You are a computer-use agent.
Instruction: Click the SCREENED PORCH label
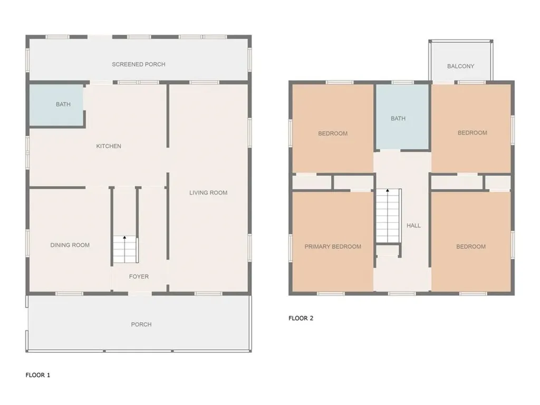(139, 64)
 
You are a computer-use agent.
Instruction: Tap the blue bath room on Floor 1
(56, 105)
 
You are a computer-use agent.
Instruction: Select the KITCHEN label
(109, 146)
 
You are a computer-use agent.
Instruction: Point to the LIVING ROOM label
(208, 193)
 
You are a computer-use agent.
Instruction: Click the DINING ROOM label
(70, 245)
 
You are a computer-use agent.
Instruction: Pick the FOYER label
(139, 276)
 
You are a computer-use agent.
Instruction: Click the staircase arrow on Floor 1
(125, 238)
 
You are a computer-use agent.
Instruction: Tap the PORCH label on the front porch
(141, 324)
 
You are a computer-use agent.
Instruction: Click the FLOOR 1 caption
(38, 375)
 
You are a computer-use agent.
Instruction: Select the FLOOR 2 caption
(301, 318)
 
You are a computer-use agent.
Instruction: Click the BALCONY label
(460, 66)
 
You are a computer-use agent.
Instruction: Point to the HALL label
(413, 226)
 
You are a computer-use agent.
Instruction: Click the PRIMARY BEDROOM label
(333, 246)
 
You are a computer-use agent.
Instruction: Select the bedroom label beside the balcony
(472, 133)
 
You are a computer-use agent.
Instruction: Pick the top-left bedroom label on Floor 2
(333, 133)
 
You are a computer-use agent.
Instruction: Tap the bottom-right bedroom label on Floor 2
(471, 246)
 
